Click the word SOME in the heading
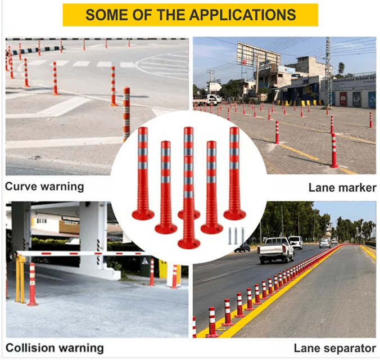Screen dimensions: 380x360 105,15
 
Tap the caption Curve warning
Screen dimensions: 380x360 44,186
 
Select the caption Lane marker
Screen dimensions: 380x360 342,187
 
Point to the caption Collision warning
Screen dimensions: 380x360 55,348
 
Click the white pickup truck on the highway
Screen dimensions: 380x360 275,249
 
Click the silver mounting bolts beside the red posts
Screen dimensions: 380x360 236,235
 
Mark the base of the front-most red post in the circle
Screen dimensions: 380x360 189,243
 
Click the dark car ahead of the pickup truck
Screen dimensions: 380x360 243,247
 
